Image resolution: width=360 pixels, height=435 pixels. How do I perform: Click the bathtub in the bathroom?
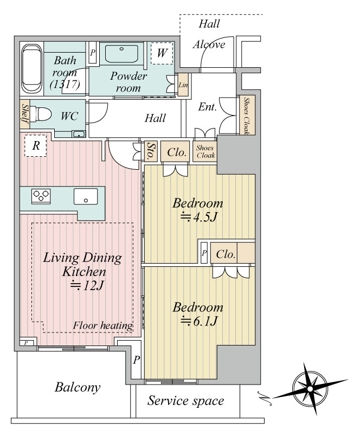[31, 68]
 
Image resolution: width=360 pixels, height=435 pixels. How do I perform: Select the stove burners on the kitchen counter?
[41, 196]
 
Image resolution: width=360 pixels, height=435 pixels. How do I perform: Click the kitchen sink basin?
[86, 196]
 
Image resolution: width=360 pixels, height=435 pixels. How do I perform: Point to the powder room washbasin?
[121, 54]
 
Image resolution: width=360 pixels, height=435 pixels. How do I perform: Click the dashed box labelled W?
[162, 53]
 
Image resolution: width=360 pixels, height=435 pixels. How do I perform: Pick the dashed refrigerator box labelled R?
[35, 146]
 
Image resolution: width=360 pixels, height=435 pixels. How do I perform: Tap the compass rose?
[310, 389]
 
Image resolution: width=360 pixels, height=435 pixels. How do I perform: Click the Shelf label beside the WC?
[25, 114]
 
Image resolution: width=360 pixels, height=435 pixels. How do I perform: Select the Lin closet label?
[183, 85]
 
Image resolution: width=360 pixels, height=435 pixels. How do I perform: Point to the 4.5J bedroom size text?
[198, 217]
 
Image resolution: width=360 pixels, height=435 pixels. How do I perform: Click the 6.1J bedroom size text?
[198, 321]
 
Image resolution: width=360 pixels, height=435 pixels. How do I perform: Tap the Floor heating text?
[102, 325]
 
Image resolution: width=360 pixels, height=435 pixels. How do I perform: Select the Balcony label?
[78, 387]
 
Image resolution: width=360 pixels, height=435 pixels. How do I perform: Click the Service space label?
[185, 401]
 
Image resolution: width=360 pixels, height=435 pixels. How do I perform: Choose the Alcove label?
[209, 44]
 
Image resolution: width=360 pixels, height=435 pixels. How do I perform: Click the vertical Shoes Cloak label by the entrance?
[246, 116]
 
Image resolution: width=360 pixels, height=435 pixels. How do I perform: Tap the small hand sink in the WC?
[79, 135]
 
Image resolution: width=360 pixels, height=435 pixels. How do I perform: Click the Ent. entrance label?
[207, 107]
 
